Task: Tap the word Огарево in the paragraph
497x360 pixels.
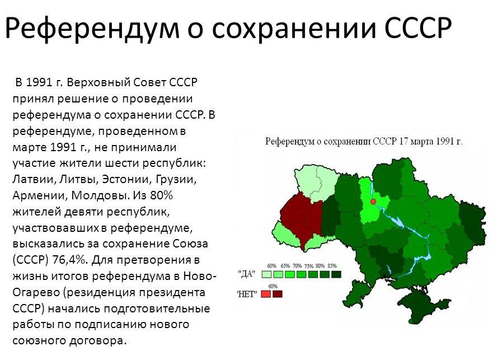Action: tap(35, 292)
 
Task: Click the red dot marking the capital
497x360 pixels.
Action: tap(373, 202)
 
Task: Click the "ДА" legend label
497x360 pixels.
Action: tap(247, 274)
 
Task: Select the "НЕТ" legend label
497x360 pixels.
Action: tap(247, 294)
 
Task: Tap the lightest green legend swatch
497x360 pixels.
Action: tap(266, 274)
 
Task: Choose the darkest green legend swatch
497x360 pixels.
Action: tap(336, 274)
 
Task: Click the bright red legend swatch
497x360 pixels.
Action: tap(266, 294)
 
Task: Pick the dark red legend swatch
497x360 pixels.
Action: tap(278, 294)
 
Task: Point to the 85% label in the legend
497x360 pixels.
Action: tap(332, 266)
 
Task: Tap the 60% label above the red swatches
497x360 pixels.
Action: tap(273, 286)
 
